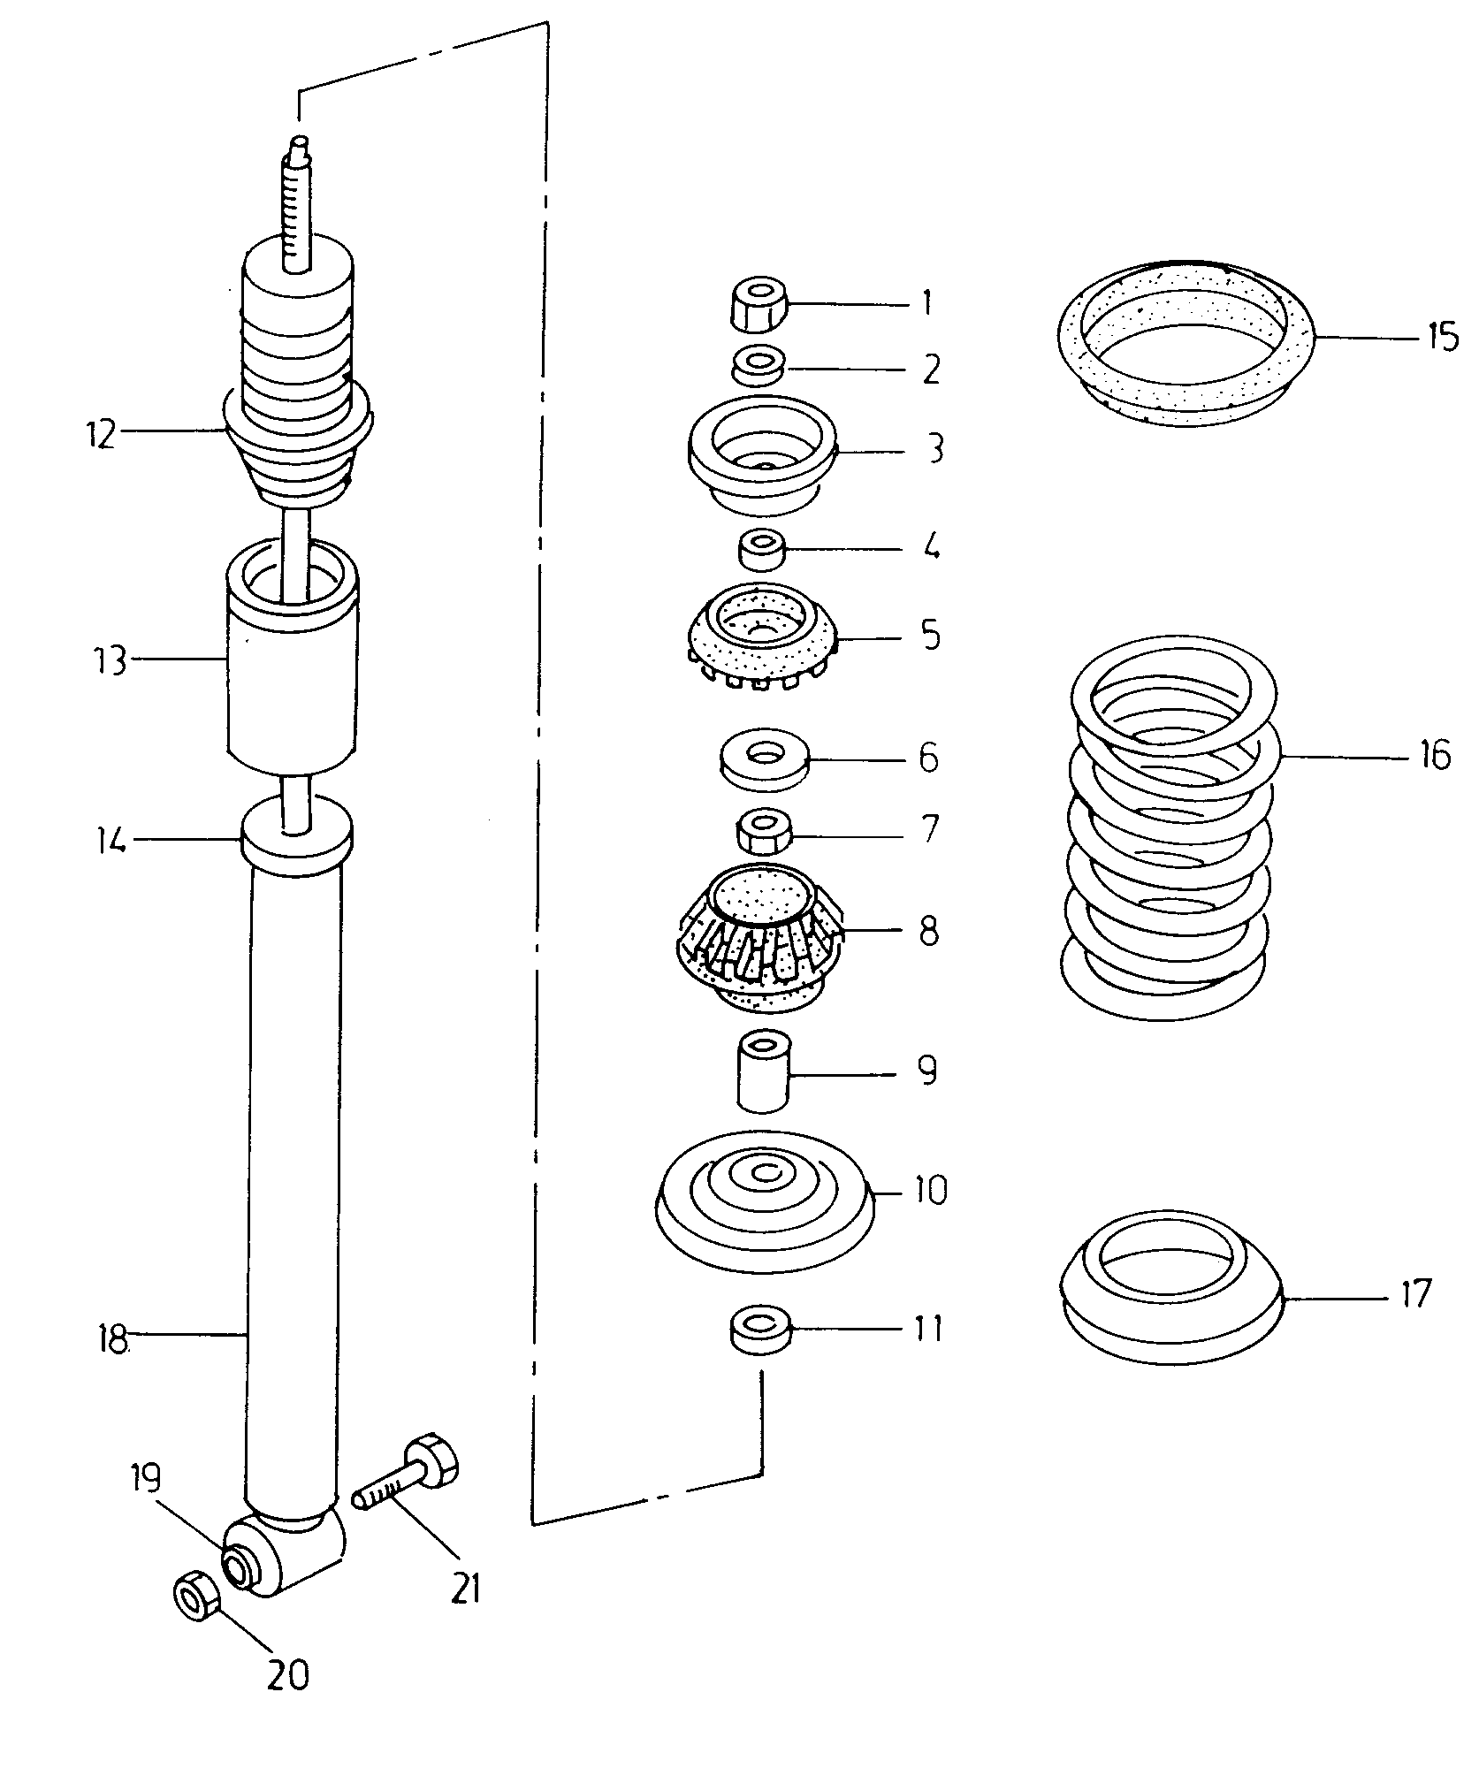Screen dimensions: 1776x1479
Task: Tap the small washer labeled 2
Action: (x=759, y=365)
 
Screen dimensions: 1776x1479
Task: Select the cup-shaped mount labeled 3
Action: (x=761, y=454)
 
